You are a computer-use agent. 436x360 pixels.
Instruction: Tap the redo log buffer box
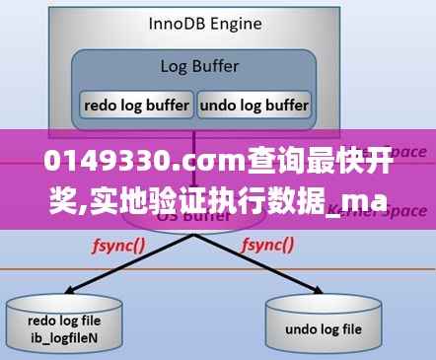[136, 104]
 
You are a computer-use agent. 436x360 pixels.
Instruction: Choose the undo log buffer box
[254, 104]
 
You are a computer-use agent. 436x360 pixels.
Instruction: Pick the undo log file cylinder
[323, 321]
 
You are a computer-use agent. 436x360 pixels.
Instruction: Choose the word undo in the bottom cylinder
[303, 329]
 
